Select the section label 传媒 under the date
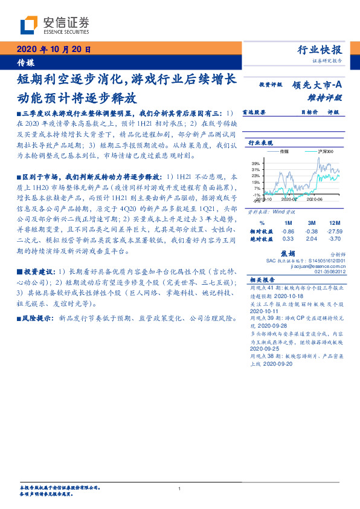[x=25, y=62]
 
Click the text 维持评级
[x=329, y=97]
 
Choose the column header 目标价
[x=309, y=112]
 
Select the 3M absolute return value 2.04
[x=312, y=239]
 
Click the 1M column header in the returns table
[x=288, y=223]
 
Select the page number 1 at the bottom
[x=180, y=488]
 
